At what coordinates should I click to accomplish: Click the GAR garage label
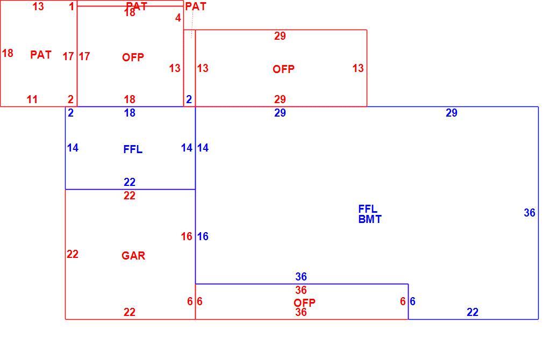133,256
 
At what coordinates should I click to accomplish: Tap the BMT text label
370,219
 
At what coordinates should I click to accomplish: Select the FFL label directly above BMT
368,209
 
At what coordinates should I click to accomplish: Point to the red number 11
32,100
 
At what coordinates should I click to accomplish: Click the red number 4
178,18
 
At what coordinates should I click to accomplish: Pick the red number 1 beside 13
72,6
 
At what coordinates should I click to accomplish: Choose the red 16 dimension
187,237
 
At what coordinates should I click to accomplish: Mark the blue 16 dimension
203,237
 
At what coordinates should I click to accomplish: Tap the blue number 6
412,301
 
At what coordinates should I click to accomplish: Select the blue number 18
130,113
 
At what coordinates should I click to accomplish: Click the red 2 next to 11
70,100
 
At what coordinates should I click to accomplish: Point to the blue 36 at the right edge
530,213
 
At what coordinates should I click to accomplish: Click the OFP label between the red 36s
304,303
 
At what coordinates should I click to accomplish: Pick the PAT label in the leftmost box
41,55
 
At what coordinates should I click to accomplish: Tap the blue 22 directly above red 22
130,182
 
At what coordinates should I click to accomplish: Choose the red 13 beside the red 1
38,6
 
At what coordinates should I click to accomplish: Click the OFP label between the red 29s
284,69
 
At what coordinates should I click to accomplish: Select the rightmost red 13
358,68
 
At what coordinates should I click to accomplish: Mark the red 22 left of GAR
73,255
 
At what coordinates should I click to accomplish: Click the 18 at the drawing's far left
8,53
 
